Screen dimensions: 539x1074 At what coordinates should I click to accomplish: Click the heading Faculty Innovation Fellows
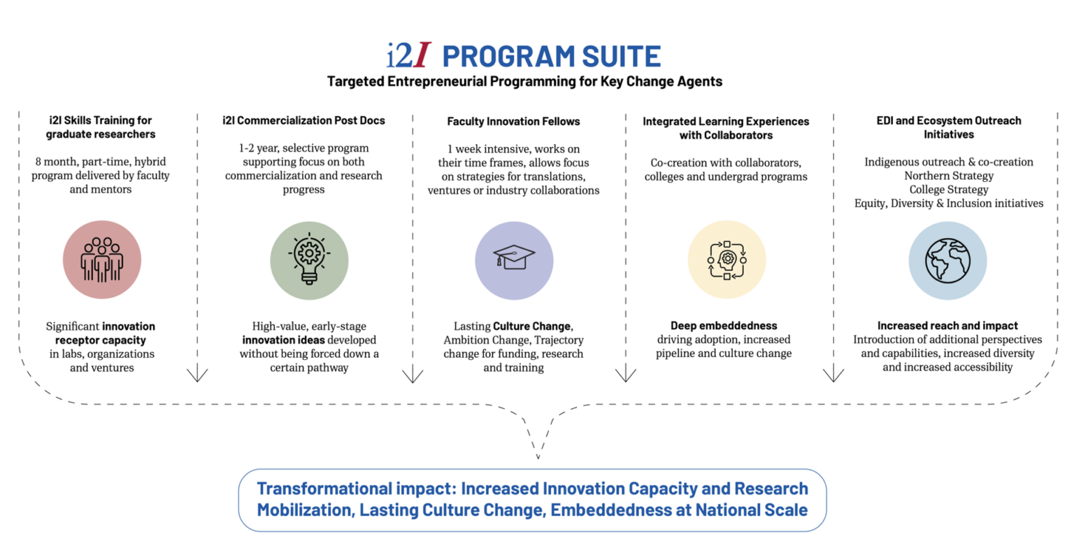pyautogui.click(x=513, y=121)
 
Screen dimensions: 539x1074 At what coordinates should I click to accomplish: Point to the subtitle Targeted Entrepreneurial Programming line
pyautogui.click(x=524, y=81)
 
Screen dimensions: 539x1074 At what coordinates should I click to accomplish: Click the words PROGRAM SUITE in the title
pyautogui.click(x=551, y=56)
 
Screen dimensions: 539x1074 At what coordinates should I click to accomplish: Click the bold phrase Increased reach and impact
pyautogui.click(x=947, y=325)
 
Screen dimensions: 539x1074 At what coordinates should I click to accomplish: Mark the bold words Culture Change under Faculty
pyautogui.click(x=533, y=325)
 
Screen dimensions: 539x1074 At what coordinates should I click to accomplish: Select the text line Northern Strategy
pyautogui.click(x=948, y=176)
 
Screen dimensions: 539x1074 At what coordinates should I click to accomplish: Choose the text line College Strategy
pyautogui.click(x=948, y=190)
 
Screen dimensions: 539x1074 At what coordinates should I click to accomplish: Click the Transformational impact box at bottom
pyautogui.click(x=532, y=499)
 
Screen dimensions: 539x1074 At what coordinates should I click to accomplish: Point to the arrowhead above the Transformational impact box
pyautogui.click(x=537, y=456)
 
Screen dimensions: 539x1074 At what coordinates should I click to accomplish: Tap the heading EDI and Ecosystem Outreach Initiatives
pyautogui.click(x=948, y=127)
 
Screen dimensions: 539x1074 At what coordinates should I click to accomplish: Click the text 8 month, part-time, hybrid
pyautogui.click(x=102, y=162)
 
